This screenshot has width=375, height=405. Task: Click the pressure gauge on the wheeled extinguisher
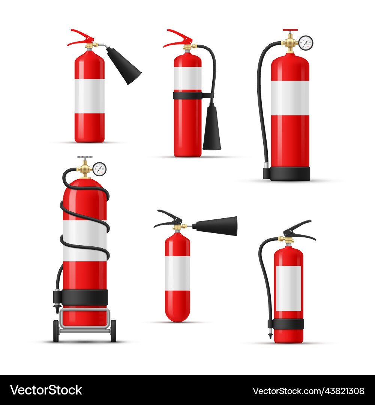(x=99, y=169)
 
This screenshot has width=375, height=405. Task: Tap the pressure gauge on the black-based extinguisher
(x=306, y=43)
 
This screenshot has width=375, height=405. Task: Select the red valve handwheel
(x=290, y=30)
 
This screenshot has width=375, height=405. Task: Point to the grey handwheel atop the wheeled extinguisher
(x=85, y=158)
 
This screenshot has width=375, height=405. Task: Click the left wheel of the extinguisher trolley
(x=56, y=331)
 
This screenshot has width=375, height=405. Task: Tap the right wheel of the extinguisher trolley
(x=113, y=331)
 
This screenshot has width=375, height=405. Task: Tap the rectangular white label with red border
(x=288, y=288)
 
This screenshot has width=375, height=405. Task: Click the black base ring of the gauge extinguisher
(x=290, y=174)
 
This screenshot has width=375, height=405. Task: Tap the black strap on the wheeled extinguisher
(x=84, y=297)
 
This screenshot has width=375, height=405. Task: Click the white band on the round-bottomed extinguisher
(x=177, y=273)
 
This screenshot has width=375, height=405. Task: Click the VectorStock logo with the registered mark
(x=46, y=390)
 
